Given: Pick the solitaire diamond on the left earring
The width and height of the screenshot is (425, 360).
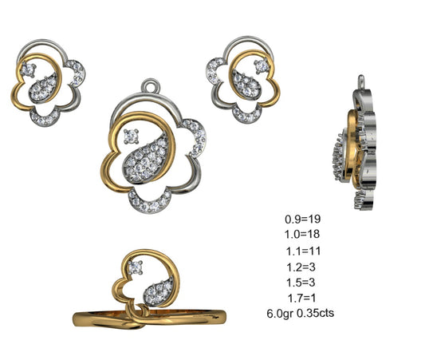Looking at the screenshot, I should pyautogui.click(x=30, y=69).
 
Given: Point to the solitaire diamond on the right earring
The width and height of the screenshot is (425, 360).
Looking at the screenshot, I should pyautogui.click(x=258, y=65).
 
